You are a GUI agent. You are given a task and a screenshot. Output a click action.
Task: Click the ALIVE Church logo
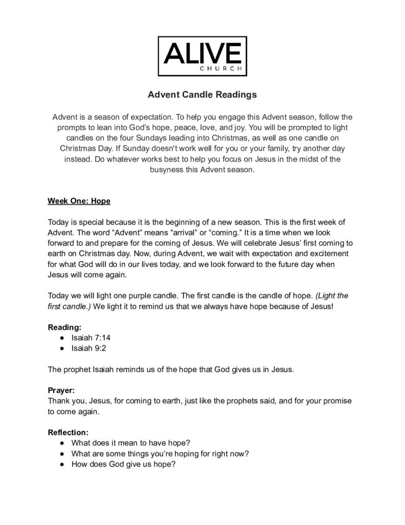point(202,56)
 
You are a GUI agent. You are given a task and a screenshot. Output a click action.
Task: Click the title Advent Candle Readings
point(202,95)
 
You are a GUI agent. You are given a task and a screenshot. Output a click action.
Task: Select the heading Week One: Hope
point(79,201)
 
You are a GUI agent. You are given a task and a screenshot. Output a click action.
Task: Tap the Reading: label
point(65,327)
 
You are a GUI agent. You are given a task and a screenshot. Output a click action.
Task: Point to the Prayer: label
point(61,390)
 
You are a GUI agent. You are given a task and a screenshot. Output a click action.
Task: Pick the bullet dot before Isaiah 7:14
point(62,337)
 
